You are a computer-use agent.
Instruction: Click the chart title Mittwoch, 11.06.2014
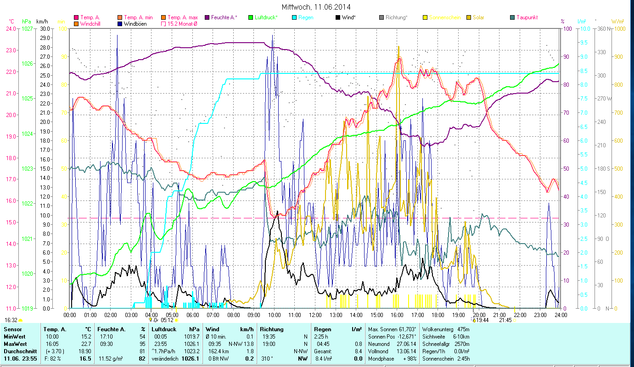point(317,7)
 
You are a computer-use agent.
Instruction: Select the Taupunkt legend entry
point(527,17)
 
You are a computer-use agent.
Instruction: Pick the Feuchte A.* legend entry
point(224,17)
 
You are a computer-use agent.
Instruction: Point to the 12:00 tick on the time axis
point(315,315)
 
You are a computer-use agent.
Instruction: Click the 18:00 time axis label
point(438,315)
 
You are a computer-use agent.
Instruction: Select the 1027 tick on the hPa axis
point(27,28)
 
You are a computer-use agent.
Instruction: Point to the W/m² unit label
point(617,21)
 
